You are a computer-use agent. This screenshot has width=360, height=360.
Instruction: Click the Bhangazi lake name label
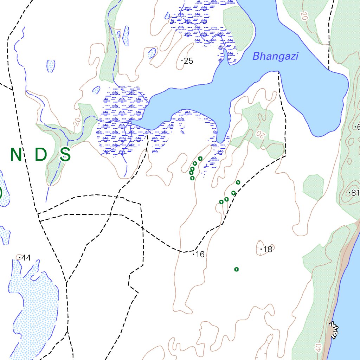pyautogui.click(x=276, y=56)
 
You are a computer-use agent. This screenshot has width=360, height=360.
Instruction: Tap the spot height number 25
pyautogui.click(x=188, y=61)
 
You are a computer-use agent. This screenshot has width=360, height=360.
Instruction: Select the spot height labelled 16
pyautogui.click(x=200, y=255)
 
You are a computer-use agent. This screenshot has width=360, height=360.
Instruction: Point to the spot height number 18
pyautogui.click(x=268, y=250)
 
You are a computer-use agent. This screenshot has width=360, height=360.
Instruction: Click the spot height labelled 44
pyautogui.click(x=26, y=258)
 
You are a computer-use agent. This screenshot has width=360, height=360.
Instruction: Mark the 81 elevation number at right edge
pyautogui.click(x=354, y=193)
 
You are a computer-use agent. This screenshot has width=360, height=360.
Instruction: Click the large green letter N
pyautogui.click(x=17, y=155)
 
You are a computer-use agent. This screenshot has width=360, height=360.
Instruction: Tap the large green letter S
pyautogui.click(x=65, y=155)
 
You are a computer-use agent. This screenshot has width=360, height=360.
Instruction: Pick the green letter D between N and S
pyautogui.click(x=41, y=155)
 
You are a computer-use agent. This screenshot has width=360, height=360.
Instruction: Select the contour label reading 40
pyautogui.click(x=319, y=348)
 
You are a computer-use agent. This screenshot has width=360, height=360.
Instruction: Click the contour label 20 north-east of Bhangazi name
pyautogui.click(x=304, y=15)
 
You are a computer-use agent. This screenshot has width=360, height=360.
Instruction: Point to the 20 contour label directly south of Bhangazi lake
pyautogui.click(x=261, y=134)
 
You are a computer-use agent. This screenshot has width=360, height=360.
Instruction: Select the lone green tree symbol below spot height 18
pyautogui.click(x=237, y=270)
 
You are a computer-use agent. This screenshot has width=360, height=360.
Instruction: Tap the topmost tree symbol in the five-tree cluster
pyautogui.click(x=200, y=159)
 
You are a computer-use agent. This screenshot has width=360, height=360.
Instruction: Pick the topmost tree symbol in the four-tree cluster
pyautogui.click(x=238, y=182)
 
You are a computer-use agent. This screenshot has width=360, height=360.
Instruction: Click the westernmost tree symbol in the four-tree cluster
pyautogui.click(x=221, y=202)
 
